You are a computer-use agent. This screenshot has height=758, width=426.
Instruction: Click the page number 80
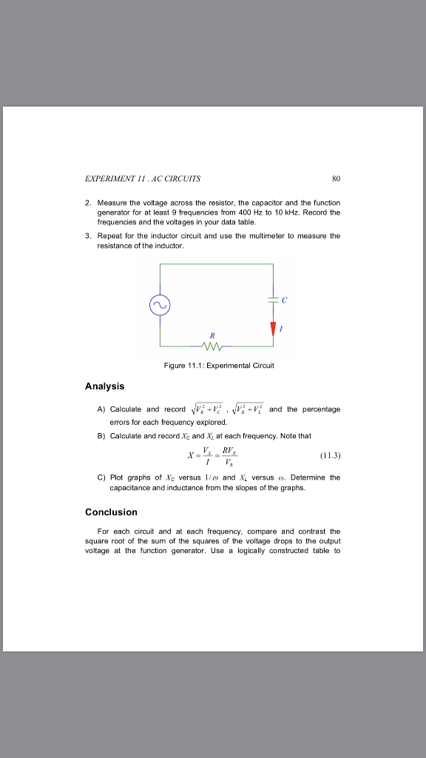(336, 178)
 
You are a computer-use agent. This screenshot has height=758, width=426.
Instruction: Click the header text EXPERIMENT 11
(111, 178)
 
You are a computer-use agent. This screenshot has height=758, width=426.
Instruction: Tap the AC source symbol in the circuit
(160, 304)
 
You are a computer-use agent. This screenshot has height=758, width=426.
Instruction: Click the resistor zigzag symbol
(209, 345)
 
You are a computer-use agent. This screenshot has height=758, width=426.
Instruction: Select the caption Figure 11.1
(213, 366)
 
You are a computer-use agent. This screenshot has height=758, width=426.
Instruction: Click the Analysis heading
(105, 386)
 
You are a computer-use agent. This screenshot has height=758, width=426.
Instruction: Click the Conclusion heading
(111, 512)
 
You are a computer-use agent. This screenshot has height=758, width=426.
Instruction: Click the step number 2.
(87, 201)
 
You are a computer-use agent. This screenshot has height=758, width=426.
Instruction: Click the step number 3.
(87, 235)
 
